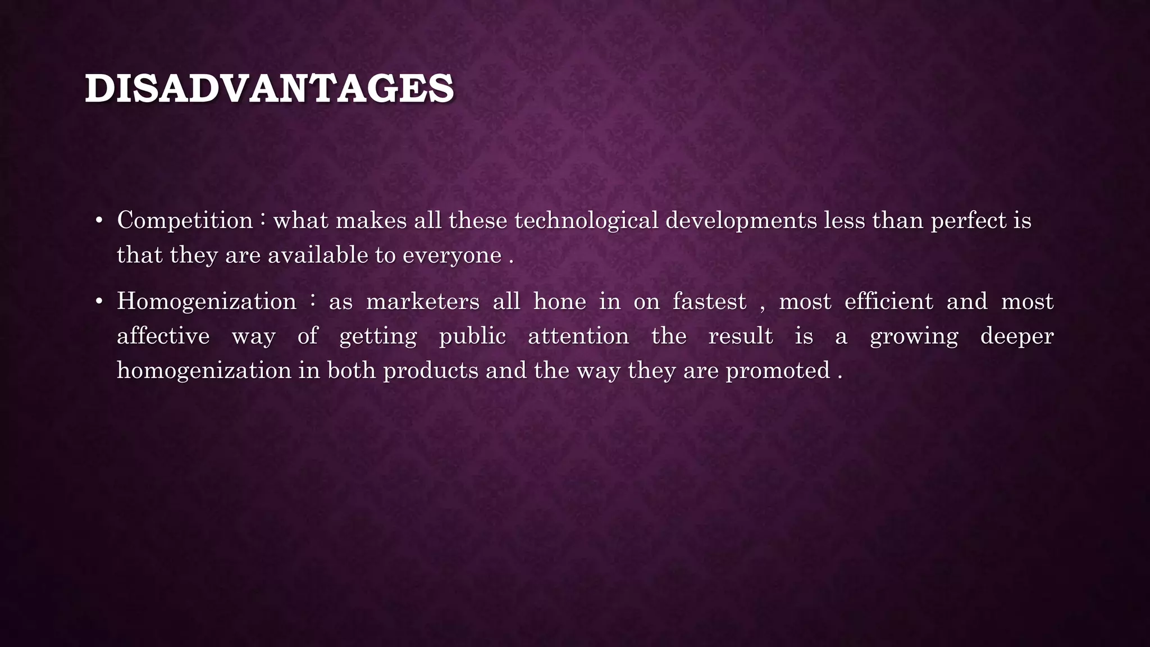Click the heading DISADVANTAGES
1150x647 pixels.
click(269, 89)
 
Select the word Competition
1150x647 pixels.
click(185, 220)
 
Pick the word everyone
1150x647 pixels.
click(452, 256)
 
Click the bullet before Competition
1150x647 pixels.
click(99, 221)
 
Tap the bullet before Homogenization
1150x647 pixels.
click(99, 302)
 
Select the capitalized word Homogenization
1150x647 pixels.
click(207, 302)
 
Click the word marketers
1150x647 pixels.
click(423, 302)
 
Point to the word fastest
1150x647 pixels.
click(710, 302)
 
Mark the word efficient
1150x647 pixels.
click(889, 302)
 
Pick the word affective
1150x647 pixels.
click(163, 336)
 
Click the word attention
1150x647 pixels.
click(578, 336)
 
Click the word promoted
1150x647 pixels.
click(778, 371)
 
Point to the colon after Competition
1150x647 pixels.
click(263, 219)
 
